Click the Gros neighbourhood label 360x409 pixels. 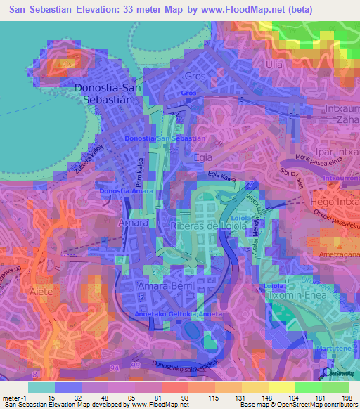[193, 76]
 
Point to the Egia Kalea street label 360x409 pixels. [223, 176]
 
